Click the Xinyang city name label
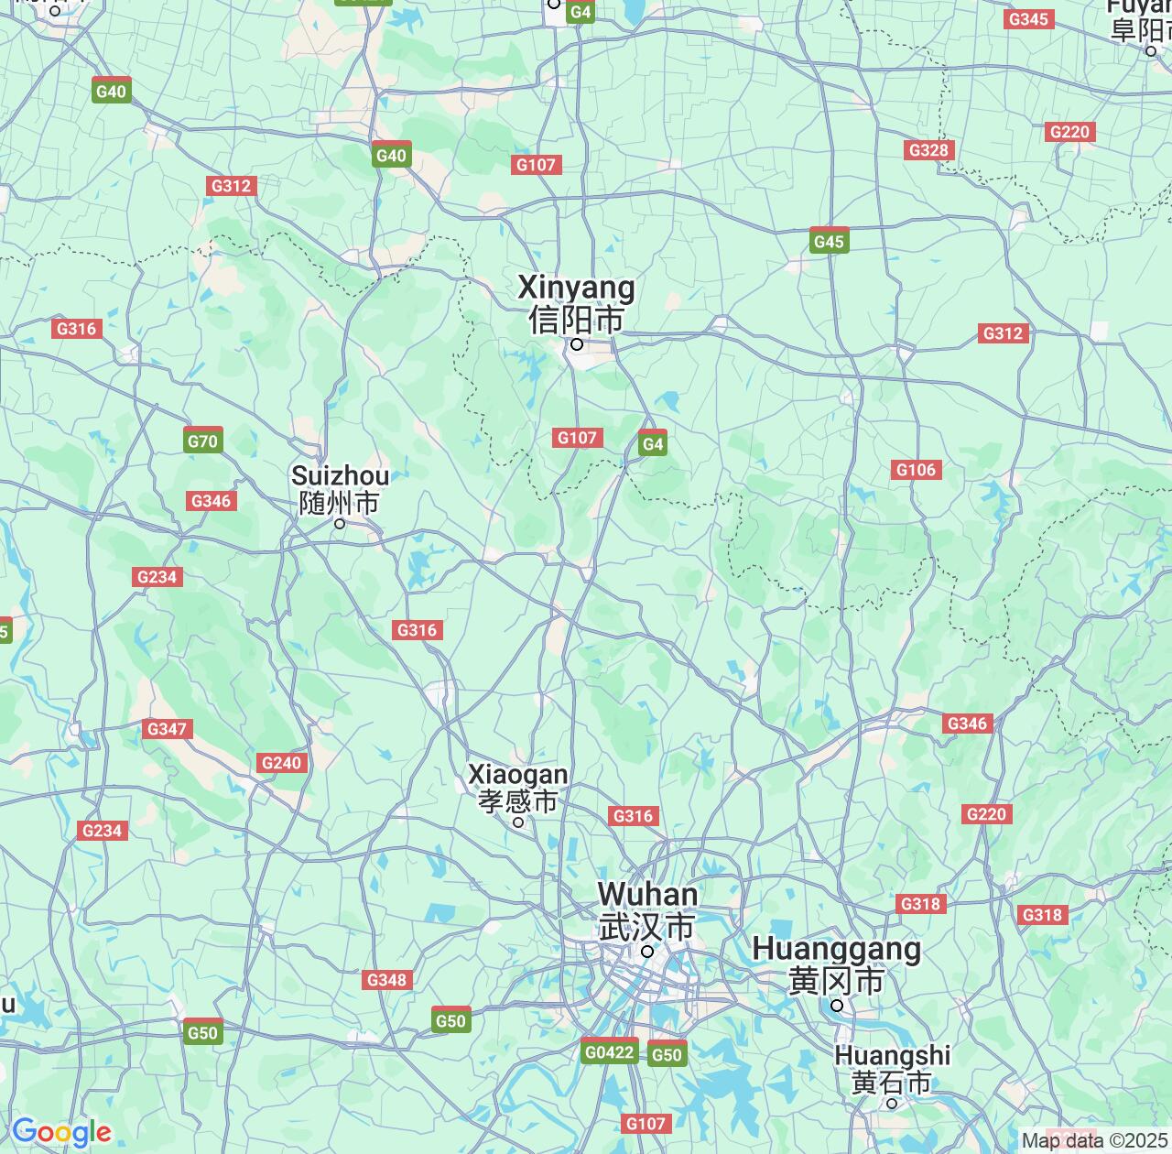pos(577,303)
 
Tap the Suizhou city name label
pos(340,489)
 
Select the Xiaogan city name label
pos(518,788)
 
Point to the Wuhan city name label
pos(647,909)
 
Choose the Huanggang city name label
pos(836,964)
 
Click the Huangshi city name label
pos(892,1069)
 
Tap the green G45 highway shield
pos(829,242)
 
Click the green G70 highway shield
pos(202,441)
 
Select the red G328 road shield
pos(928,150)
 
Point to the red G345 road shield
pos(1027,19)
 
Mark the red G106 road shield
pos(916,470)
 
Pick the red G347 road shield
pos(167,729)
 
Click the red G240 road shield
pos(281,763)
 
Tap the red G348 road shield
pos(386,980)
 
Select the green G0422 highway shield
pos(609,1052)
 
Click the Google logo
pos(61,1132)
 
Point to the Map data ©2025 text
pos(1095,1141)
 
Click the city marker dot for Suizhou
pos(340,524)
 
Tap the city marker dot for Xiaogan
pos(518,822)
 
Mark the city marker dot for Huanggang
pos(836,1006)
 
